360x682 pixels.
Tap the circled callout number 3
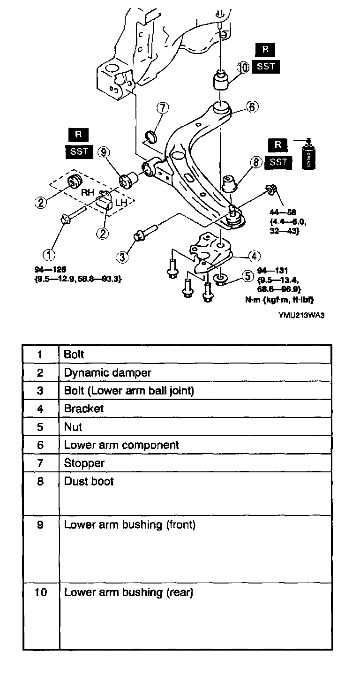coord(123,256)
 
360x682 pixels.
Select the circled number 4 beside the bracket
coord(254,256)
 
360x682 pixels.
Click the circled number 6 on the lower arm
coord(252,107)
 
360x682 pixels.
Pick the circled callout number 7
coord(162,107)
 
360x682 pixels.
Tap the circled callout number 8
coord(256,162)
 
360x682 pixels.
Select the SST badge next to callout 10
coord(266,66)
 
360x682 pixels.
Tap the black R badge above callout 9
coord(78,135)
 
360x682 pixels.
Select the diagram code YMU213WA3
coord(301,315)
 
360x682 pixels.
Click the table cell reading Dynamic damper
coord(107,373)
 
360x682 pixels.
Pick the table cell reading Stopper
coord(84,463)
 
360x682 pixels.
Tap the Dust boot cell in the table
coord(89,481)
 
